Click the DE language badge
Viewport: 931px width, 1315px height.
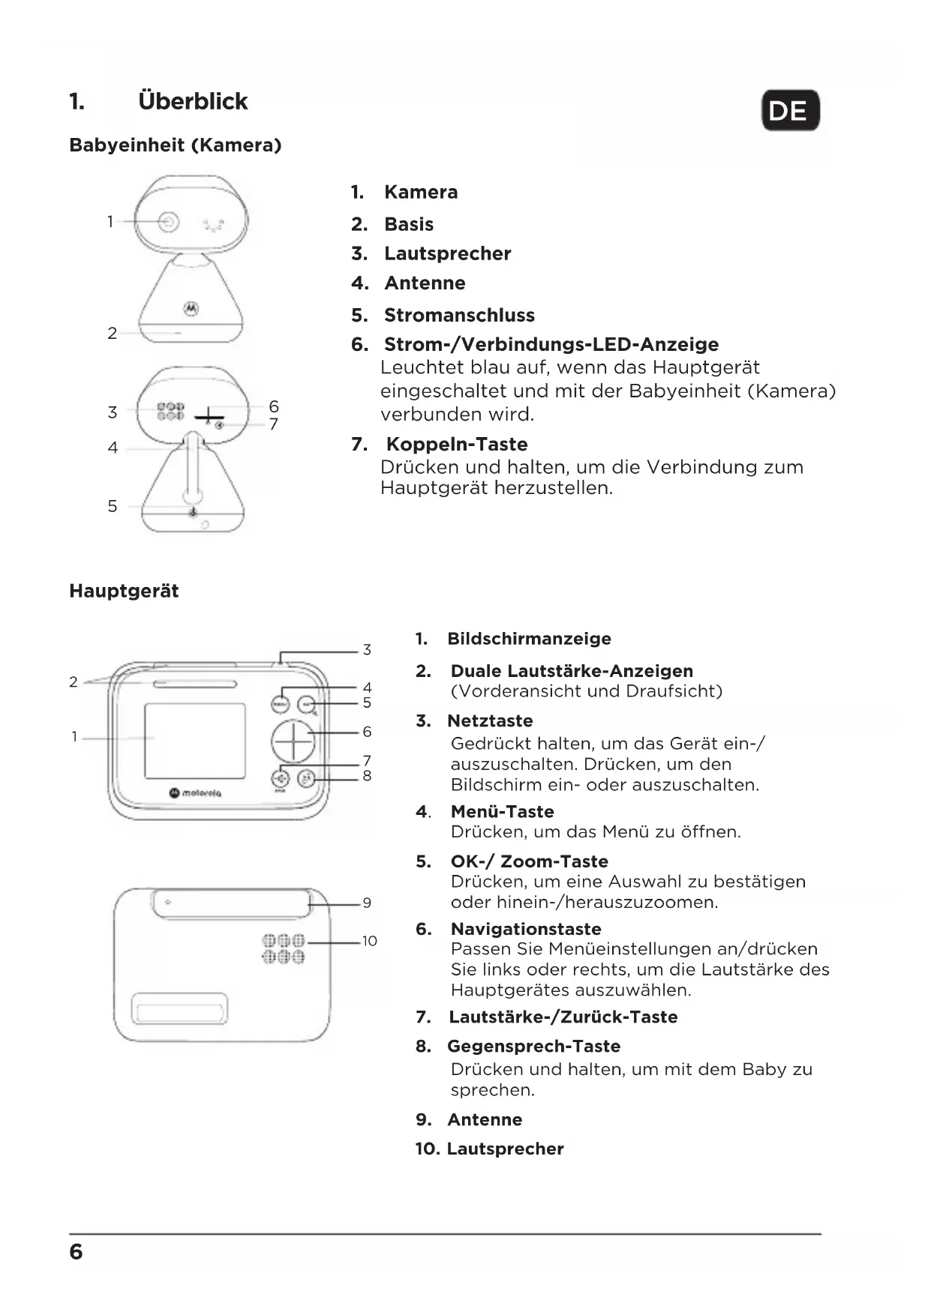[790, 111]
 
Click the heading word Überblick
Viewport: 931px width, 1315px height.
[193, 101]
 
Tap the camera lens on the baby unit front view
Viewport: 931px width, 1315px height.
[169, 222]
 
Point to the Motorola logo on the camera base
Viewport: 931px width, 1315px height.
[191, 307]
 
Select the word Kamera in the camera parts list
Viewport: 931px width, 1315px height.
[420, 192]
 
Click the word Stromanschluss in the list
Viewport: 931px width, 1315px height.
[459, 315]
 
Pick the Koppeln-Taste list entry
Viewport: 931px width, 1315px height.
[456, 444]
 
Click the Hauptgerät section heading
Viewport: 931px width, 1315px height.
[124, 591]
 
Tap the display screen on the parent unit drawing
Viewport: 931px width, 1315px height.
[194, 741]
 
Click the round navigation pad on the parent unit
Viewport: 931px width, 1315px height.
[293, 741]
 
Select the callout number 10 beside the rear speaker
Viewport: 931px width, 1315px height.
[369, 941]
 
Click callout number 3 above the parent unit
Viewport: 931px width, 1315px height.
[367, 649]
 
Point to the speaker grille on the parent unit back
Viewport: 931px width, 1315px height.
[283, 948]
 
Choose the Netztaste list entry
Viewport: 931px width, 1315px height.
[490, 720]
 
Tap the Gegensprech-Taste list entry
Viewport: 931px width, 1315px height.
[533, 1046]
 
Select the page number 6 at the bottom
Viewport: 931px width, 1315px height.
[76, 1252]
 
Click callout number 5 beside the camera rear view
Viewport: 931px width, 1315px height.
[113, 506]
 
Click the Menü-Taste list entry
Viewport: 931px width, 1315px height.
[502, 811]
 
